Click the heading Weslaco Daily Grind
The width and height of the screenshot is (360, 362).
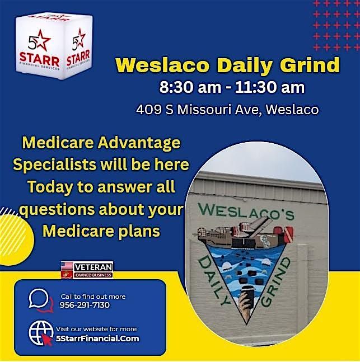pyautogui.click(x=227, y=65)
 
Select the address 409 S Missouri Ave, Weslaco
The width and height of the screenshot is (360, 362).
pyautogui.click(x=227, y=109)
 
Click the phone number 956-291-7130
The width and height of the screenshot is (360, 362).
pyautogui.click(x=85, y=305)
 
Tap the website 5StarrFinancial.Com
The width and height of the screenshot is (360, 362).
pyautogui.click(x=97, y=338)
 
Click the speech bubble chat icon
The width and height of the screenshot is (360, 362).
pyautogui.click(x=40, y=300)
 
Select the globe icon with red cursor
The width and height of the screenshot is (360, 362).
pyautogui.click(x=41, y=333)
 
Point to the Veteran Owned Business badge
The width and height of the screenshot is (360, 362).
pyautogui.click(x=87, y=269)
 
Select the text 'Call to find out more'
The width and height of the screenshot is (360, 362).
pyautogui.click(x=93, y=296)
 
